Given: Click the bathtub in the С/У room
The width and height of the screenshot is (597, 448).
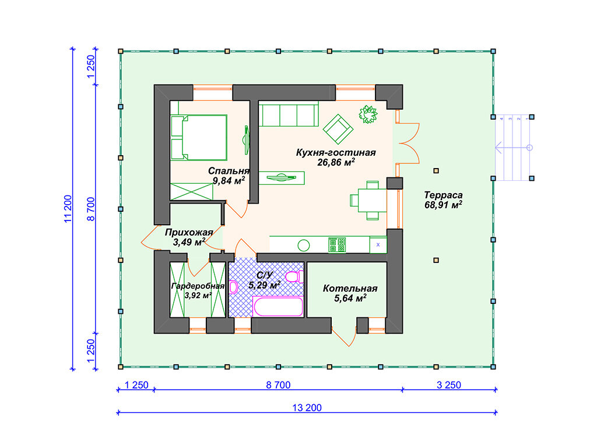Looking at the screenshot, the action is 278,307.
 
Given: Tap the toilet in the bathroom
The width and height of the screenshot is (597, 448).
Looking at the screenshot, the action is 295,276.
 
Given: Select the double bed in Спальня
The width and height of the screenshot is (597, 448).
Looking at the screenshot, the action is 199,137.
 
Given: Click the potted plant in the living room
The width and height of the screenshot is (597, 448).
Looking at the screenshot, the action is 368,114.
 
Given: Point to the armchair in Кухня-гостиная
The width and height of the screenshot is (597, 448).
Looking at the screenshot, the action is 338,129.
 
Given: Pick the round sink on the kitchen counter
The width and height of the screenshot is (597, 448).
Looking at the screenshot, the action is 303,246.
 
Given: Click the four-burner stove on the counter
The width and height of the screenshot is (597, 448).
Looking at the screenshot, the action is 337,245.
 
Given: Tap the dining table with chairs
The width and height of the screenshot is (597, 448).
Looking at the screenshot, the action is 368,201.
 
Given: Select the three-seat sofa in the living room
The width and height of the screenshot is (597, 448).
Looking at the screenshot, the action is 289,114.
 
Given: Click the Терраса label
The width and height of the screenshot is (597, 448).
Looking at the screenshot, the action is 443,195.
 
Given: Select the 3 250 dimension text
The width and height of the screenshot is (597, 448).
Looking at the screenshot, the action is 448,385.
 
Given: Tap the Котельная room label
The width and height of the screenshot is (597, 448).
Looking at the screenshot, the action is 350,288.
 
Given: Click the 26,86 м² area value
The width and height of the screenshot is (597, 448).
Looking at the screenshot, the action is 336,163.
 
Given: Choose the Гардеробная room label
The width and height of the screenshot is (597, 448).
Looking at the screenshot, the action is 198,286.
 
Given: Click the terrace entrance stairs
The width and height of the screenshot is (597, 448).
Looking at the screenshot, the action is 512,148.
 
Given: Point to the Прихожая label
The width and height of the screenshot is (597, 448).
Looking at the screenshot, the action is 189,232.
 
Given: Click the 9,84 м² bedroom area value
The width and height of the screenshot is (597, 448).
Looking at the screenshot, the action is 229,181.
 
